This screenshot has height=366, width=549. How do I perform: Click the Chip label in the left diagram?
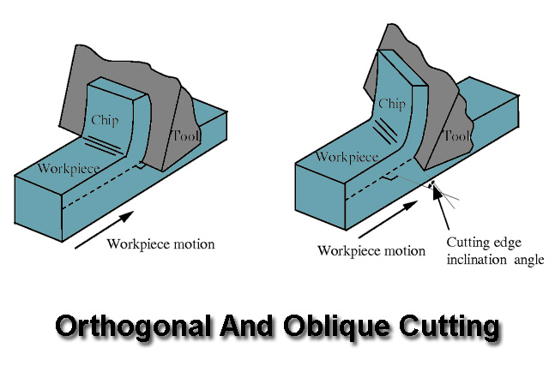(106, 120)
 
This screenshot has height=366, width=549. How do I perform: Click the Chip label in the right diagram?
(391, 105)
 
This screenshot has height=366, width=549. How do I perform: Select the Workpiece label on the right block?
(348, 157)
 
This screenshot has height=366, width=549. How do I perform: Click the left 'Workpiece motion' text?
(160, 244)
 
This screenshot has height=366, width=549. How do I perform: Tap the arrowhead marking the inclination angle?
(437, 191)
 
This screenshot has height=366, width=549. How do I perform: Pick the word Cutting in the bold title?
(446, 327)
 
